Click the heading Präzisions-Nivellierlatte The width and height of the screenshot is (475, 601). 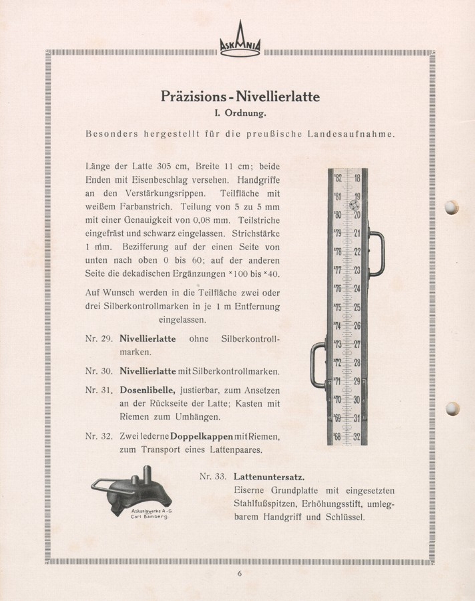pos(240,97)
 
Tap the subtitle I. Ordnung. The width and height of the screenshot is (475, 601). pos(240,113)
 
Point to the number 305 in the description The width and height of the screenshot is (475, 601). pos(164,166)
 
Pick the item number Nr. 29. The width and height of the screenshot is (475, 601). pos(99,339)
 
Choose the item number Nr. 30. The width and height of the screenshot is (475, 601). pos(99,371)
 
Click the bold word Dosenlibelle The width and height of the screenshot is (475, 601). pos(147,390)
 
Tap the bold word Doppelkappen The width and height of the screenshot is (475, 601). pos(201,436)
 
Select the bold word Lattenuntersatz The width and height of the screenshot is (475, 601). pos(269,476)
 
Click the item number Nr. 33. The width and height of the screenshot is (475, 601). pos(213,476)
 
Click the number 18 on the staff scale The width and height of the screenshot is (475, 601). pos(357,178)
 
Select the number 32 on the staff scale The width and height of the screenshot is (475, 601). pos(357,437)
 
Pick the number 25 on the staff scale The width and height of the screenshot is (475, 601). pos(357,307)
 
